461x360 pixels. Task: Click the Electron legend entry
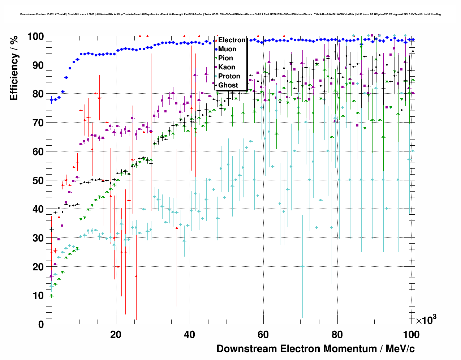[232, 40]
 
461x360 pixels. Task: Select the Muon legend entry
[227, 49]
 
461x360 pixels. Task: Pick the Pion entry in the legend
[225, 58]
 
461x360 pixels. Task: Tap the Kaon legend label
[227, 67]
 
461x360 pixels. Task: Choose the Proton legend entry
[229, 76]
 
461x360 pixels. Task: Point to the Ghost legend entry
[228, 85]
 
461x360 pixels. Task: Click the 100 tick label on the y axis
[35, 37]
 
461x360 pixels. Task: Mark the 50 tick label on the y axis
[38, 180]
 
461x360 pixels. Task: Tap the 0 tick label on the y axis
[41, 324]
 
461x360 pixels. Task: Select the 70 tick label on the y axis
[38, 123]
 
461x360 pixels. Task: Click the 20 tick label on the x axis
[116, 335]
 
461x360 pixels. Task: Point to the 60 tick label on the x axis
[263, 335]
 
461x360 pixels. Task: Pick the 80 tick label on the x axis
[337, 335]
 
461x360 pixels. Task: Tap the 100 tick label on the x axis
[411, 335]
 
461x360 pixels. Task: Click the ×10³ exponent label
[426, 320]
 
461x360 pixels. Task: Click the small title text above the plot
[230, 14]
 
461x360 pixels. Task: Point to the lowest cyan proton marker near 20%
[302, 266]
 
